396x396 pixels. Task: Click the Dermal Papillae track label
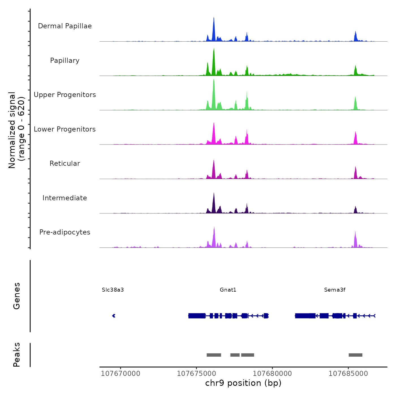pyautogui.click(x=65, y=26)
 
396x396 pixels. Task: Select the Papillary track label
pyautogui.click(x=65, y=61)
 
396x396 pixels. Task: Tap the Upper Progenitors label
pyautogui.click(x=65, y=95)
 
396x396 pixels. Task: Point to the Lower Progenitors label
pyautogui.click(x=65, y=129)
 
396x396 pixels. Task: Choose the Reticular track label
pyautogui.click(x=65, y=163)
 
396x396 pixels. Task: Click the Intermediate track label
pyautogui.click(x=65, y=198)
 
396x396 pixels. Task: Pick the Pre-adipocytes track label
pyautogui.click(x=65, y=232)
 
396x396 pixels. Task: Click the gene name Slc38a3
pyautogui.click(x=113, y=290)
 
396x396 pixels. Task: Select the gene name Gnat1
pyautogui.click(x=228, y=290)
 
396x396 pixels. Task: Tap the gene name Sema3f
pyautogui.click(x=335, y=290)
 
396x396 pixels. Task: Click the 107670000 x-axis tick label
pyautogui.click(x=120, y=374)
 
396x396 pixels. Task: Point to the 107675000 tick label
pyautogui.click(x=196, y=374)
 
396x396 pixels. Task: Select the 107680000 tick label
pyautogui.click(x=272, y=374)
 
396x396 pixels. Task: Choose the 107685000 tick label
pyautogui.click(x=348, y=374)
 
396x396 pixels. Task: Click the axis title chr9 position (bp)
pyautogui.click(x=243, y=383)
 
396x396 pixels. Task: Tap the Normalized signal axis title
pyautogui.click(x=16, y=130)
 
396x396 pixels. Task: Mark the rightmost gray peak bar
pyautogui.click(x=355, y=355)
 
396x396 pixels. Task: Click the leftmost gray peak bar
pyautogui.click(x=214, y=355)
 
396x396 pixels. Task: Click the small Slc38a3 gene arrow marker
pyautogui.click(x=114, y=316)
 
